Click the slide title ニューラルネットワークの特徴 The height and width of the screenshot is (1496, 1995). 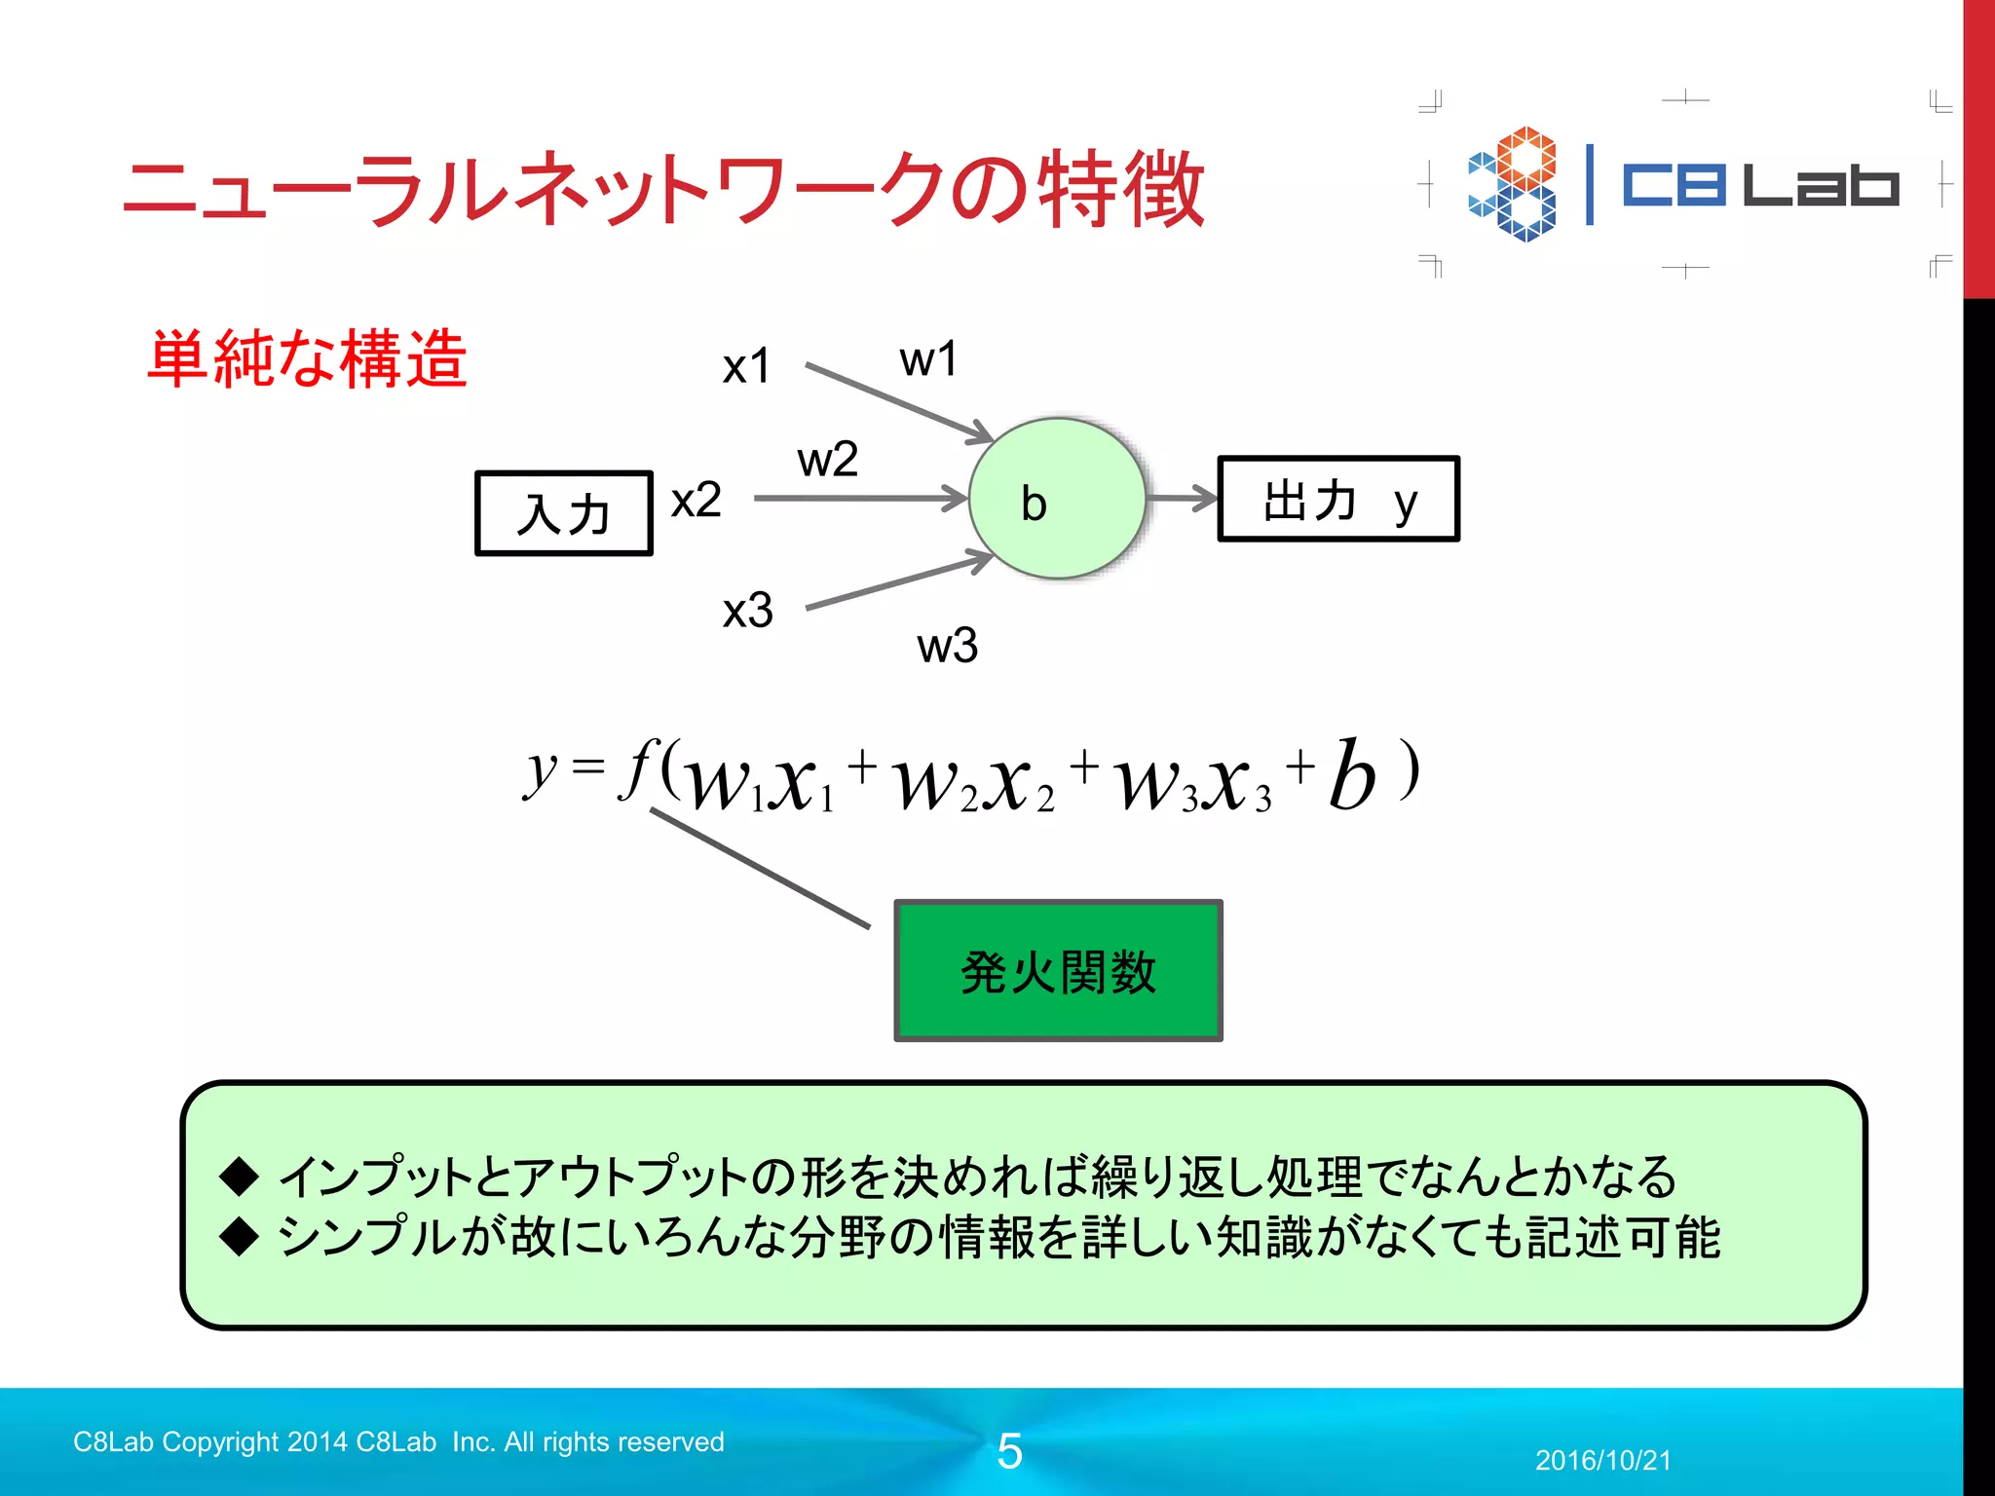(662, 190)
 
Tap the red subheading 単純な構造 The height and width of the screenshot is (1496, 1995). (307, 358)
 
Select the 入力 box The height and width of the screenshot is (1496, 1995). (563, 513)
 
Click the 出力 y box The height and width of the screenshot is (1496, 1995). (1337, 499)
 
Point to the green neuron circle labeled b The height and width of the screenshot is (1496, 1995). (1057, 499)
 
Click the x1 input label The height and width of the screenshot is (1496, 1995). (746, 367)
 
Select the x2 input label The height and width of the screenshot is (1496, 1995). (696, 501)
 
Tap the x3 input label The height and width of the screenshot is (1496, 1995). (747, 611)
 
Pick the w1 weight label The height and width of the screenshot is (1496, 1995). (927, 359)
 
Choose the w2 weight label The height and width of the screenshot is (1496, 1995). (827, 459)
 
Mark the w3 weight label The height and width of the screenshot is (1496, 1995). (947, 646)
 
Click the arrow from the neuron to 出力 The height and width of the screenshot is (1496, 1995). (1182, 499)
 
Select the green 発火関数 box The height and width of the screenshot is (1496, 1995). (1058, 971)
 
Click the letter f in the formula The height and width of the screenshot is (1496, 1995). (638, 769)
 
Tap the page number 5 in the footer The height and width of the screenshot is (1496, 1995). (1009, 1451)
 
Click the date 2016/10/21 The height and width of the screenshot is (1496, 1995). (1602, 1460)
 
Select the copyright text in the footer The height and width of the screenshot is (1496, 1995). (398, 1441)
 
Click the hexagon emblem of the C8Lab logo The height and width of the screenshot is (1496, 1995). (1513, 183)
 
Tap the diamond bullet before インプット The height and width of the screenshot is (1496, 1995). (240, 1176)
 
